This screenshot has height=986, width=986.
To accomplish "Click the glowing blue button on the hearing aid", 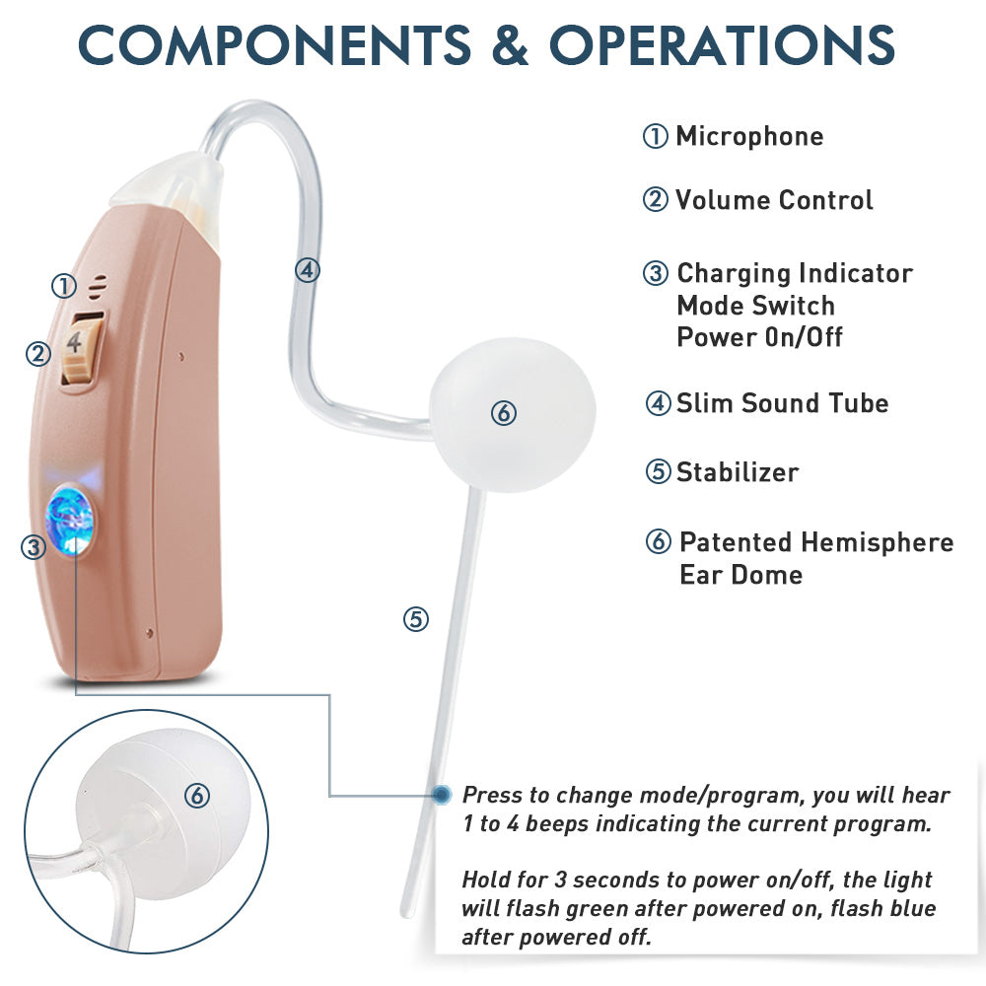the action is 70,520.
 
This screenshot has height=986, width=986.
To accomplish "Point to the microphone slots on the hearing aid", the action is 97,287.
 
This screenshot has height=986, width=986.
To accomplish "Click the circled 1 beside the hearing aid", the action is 63,287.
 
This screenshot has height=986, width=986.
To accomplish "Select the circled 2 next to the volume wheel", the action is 37,354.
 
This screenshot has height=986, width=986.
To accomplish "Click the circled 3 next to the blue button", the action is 34,547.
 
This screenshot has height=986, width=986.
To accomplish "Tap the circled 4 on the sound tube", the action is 308,270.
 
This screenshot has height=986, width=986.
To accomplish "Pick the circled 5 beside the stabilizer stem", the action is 416,619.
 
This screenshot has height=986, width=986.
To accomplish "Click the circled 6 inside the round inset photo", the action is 197,796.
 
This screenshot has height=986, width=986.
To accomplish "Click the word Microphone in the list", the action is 749,136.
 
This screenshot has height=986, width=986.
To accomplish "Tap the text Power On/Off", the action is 759,337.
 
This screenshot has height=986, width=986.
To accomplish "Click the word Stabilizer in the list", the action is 738,472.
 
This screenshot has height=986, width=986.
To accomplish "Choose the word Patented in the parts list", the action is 736,542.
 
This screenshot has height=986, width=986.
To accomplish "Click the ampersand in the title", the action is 510,45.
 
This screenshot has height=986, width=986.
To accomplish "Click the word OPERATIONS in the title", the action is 722,45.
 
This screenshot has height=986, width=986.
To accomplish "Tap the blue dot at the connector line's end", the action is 442,795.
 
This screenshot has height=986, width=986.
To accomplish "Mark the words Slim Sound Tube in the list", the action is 782,403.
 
